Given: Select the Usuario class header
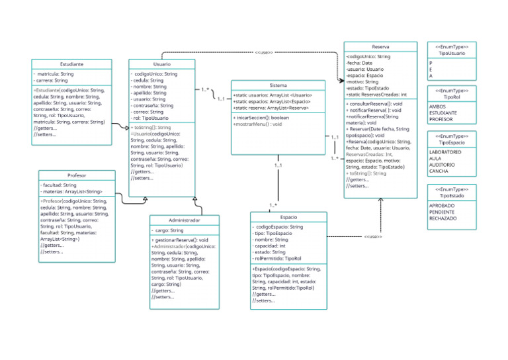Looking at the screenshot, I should click(x=162, y=64).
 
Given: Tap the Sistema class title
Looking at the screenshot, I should click(x=278, y=85).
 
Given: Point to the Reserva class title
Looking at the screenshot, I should click(x=380, y=47).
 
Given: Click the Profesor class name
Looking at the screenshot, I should click(x=77, y=175).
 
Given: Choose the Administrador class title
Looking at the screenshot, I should click(x=185, y=220).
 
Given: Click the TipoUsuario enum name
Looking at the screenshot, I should click(x=452, y=53).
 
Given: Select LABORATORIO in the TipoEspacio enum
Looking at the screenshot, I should click(x=445, y=152).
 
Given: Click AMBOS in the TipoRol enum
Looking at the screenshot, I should click(x=437, y=107).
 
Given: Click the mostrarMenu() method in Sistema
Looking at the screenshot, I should click(x=257, y=124).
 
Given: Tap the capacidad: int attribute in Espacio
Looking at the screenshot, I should click(x=270, y=246).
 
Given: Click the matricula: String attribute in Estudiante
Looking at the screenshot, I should click(x=56, y=74).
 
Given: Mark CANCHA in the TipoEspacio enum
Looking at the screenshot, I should click(x=439, y=171).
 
